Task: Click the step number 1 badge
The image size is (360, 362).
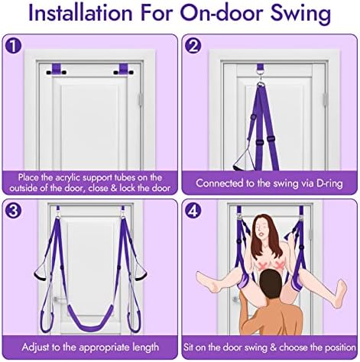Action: pos(13,46)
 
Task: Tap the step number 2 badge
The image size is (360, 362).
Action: pos(193,46)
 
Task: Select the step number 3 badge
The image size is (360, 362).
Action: pos(13,211)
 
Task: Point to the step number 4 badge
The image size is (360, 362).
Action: pos(193,211)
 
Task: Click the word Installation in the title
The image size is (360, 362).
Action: pos(80,13)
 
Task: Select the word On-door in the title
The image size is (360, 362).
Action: pos(223,13)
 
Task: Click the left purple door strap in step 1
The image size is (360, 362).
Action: pos(57,69)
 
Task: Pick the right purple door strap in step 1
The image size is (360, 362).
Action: pos(123,69)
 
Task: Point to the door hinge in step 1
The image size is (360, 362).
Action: pos(141,99)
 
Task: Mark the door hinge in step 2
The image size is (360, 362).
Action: pos(325,99)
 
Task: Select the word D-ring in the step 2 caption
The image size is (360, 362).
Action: pos(329,183)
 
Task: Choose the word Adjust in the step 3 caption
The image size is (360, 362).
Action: pos(34,347)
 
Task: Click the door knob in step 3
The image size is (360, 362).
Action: pos(54,299)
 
